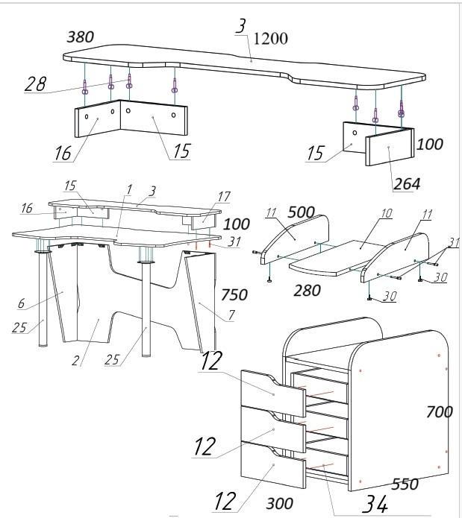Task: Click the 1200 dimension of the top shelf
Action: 270,38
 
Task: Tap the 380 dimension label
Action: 81,37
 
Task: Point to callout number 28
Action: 35,84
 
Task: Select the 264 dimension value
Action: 407,183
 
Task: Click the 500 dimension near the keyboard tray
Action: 301,212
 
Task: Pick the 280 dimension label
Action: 307,291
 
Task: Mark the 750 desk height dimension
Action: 234,294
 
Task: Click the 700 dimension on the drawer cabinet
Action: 439,412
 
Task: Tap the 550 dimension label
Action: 405,484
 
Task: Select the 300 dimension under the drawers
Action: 279,503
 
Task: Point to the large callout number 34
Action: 375,504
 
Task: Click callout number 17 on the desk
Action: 224,197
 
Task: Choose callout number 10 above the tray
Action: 386,213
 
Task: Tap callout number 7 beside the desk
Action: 231,315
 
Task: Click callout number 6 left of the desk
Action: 21,303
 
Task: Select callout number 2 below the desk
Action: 75,360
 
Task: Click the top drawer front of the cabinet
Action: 273,394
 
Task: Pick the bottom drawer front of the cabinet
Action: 273,465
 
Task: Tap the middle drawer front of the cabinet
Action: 273,429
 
